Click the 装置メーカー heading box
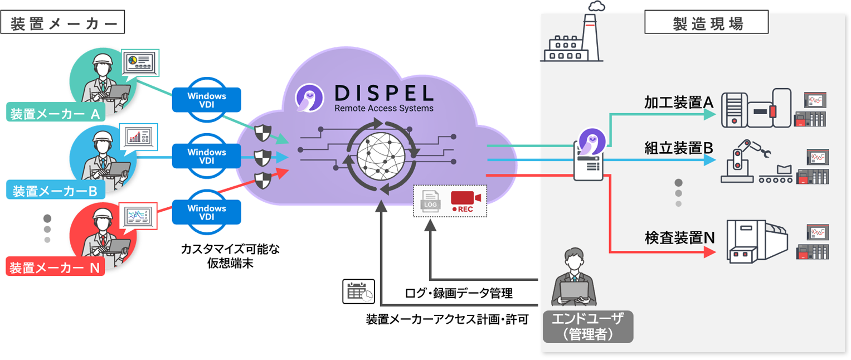coord(62,23)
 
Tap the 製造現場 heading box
coord(706,23)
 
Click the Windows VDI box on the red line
coord(207,212)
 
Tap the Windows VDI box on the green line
coord(207,100)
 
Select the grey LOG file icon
coord(431,201)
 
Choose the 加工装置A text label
coord(679,103)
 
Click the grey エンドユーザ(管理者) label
coord(588,326)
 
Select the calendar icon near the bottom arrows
coord(357,291)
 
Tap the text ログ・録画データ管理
coord(459,293)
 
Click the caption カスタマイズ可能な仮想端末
coord(230,256)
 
